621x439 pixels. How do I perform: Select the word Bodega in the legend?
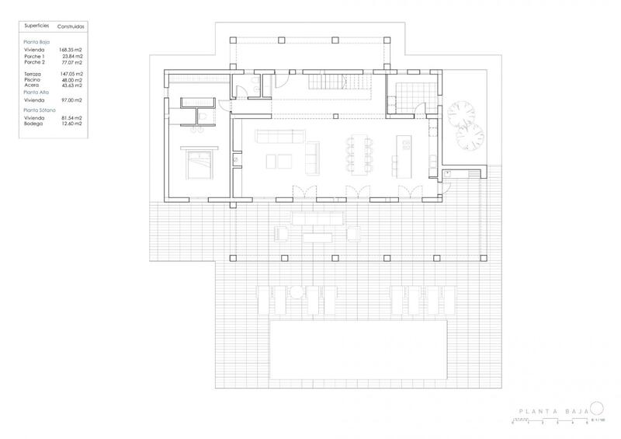tap(34, 123)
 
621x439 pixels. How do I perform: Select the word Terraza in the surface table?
tap(35, 73)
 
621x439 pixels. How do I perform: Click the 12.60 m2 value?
tap(71, 123)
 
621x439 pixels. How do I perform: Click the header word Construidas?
tap(71, 25)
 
